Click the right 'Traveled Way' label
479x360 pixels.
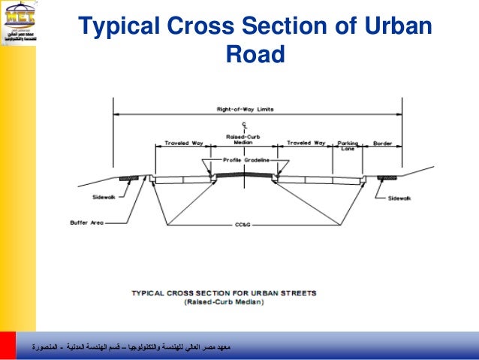[x=306, y=142]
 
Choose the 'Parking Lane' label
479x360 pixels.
[x=347, y=145]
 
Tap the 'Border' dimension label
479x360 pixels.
[x=383, y=142]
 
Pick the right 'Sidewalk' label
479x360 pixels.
[x=399, y=198]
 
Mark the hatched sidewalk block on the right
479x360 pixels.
[x=387, y=178]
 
